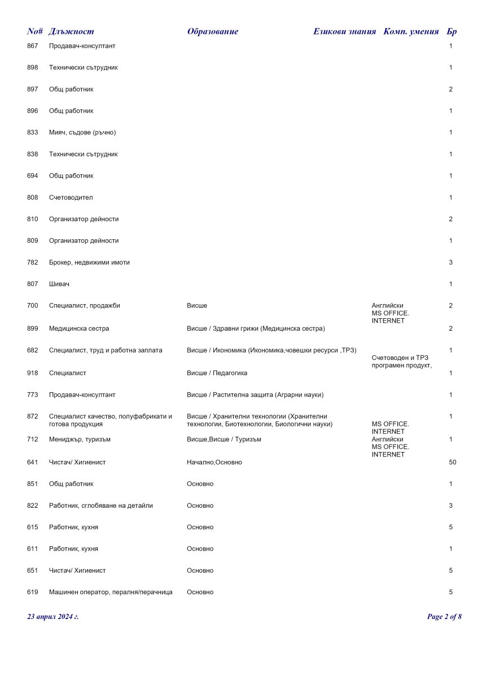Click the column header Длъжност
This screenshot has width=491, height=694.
pyautogui.click(x=71, y=32)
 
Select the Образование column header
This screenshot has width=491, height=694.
pyautogui.click(x=212, y=32)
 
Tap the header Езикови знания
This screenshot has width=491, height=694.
pyautogui.click(x=344, y=32)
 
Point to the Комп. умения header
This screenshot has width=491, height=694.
pyautogui.click(x=411, y=32)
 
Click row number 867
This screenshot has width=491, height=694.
pyautogui.click(x=32, y=46)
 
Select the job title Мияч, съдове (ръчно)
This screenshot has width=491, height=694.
pyautogui.click(x=82, y=133)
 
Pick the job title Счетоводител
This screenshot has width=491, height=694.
pyautogui.click(x=71, y=197)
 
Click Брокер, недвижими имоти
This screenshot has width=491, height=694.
pyautogui.click(x=89, y=262)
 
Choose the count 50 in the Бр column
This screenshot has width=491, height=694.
pyautogui.click(x=452, y=463)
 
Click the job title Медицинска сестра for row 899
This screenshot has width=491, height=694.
pyautogui.click(x=79, y=328)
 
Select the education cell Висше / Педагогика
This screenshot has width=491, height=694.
pyautogui.click(x=217, y=373)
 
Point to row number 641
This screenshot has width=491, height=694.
pyautogui.click(x=32, y=463)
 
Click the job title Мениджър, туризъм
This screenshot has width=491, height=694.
pyautogui.click(x=80, y=440)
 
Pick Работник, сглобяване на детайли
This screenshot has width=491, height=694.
pyautogui.click(x=100, y=506)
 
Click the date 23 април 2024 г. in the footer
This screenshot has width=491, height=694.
pyautogui.click(x=53, y=617)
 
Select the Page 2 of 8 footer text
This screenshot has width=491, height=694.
pyautogui.click(x=444, y=617)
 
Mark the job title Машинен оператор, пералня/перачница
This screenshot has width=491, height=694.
pyautogui.click(x=111, y=592)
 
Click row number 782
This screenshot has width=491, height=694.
pyautogui.click(x=32, y=262)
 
